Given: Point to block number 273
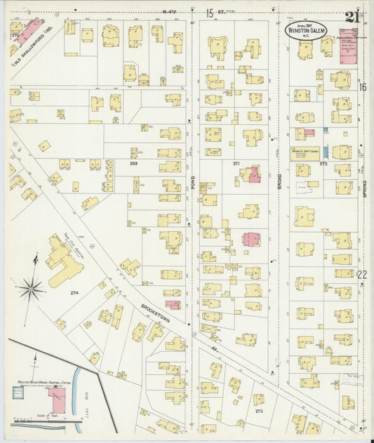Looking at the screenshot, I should (260, 411).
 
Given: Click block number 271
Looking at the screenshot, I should (236, 163).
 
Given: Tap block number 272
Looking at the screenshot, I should (323, 163).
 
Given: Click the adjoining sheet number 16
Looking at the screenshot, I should (363, 88).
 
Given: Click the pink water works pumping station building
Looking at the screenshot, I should (58, 400).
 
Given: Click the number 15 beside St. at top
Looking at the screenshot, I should (209, 13).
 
